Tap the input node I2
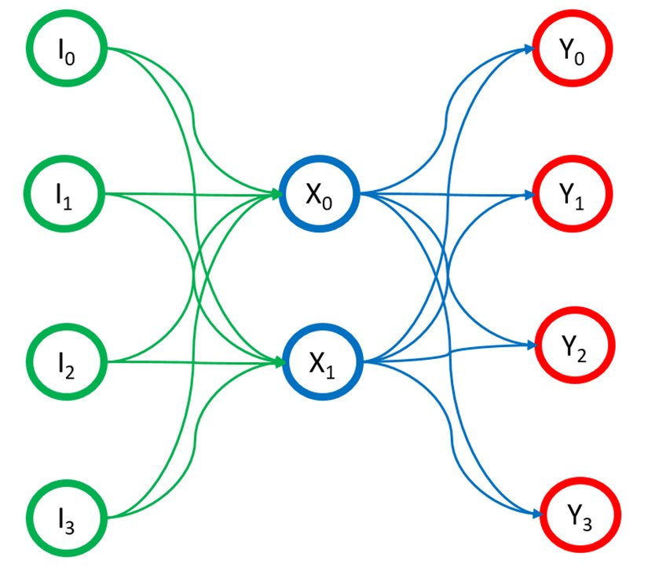point(66,363)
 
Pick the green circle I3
point(66,518)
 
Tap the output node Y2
point(573,346)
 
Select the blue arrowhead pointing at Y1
point(528,193)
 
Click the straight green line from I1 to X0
point(189,193)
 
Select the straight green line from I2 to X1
point(189,362)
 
